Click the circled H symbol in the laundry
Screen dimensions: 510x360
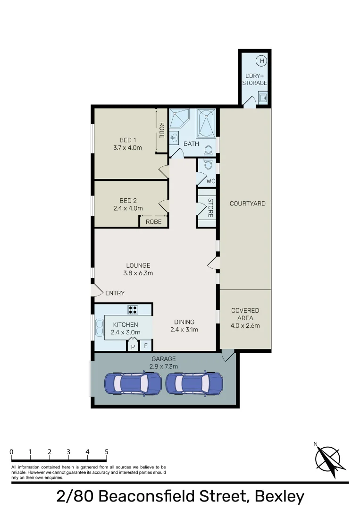(x=261, y=60)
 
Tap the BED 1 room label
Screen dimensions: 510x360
(x=127, y=140)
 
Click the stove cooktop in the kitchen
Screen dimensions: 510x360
(x=133, y=310)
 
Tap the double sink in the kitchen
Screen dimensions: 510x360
(x=100, y=327)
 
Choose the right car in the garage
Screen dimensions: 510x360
(x=193, y=383)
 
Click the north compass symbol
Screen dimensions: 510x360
(x=328, y=457)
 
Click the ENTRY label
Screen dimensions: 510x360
(x=115, y=293)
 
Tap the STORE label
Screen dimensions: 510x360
(x=210, y=208)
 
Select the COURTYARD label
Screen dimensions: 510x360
(x=247, y=204)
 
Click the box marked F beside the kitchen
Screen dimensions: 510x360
(x=146, y=346)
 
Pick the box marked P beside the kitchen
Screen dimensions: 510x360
(x=133, y=346)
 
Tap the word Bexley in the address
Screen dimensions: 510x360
(x=279, y=496)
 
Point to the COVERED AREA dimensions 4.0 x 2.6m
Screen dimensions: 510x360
(x=245, y=325)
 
